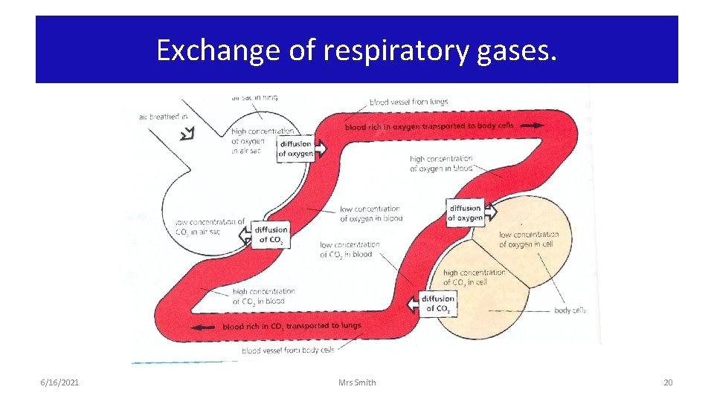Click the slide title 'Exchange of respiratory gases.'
click(x=356, y=50)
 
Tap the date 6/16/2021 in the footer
click(x=59, y=382)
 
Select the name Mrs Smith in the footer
click(x=357, y=382)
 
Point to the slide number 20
click(x=667, y=382)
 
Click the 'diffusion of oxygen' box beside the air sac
click(x=297, y=149)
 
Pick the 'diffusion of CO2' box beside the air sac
click(x=269, y=235)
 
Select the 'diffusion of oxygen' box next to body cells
click(x=466, y=213)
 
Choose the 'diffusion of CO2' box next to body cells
click(x=437, y=304)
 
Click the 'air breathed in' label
click(x=164, y=116)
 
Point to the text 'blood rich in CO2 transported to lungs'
click(x=292, y=326)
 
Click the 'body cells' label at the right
click(x=570, y=310)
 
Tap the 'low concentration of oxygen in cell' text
click(x=528, y=239)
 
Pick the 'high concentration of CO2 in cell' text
click(x=474, y=277)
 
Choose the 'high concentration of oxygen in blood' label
click(x=440, y=163)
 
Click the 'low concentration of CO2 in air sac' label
click(x=209, y=226)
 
